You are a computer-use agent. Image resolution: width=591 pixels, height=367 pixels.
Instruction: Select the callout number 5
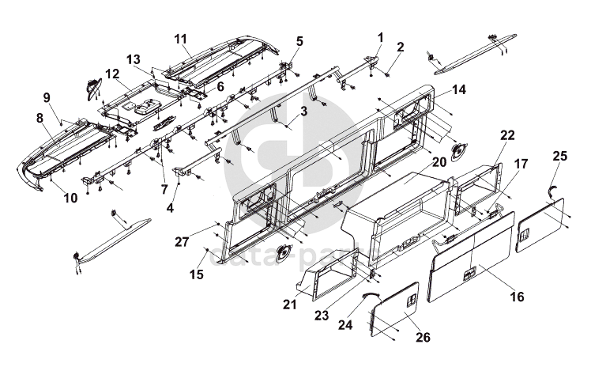(x=299, y=40)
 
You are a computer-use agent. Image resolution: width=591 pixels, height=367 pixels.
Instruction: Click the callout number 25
(x=559, y=155)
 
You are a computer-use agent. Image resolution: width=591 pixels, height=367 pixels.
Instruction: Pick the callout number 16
(x=518, y=297)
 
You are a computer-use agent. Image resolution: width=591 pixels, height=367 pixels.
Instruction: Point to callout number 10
(x=71, y=198)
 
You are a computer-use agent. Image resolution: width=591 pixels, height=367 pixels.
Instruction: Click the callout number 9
(x=47, y=96)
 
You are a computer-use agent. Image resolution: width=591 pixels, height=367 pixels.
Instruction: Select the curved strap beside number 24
(x=368, y=294)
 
